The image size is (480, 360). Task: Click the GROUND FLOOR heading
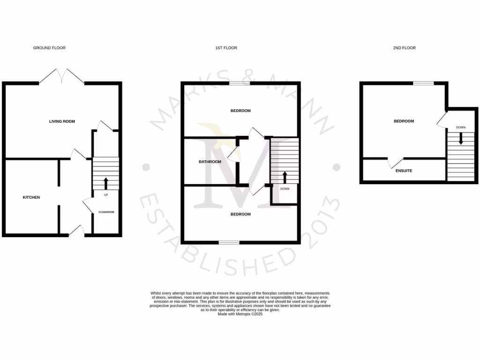point(49,48)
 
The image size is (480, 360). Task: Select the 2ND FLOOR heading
point(404,48)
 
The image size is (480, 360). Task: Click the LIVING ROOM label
point(62,121)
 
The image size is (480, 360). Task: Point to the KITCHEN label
point(31,197)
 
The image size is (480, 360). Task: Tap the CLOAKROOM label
point(106,212)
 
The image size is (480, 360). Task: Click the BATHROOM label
point(210,162)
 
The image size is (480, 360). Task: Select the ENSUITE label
point(404,171)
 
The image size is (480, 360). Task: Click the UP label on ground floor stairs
point(106,195)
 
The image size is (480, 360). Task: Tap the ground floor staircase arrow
point(106,183)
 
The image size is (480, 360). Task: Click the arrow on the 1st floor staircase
point(285,177)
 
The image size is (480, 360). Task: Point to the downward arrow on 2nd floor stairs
point(461,138)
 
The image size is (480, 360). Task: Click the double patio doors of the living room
point(61,76)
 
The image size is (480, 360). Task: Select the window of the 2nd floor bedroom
point(423,83)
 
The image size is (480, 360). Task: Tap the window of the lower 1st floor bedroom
point(229,242)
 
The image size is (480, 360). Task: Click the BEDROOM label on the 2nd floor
point(404,121)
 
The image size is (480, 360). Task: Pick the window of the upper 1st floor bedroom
point(239,83)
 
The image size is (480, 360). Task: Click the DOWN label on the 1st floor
point(285,189)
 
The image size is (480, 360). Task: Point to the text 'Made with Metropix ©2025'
point(240,314)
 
